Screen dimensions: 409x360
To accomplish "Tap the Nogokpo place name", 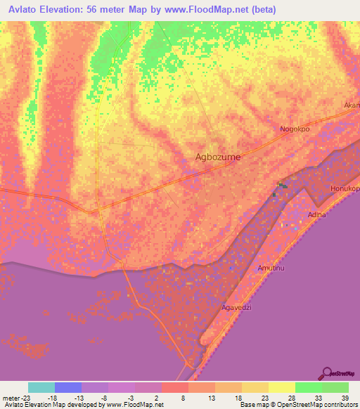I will [x=295, y=129].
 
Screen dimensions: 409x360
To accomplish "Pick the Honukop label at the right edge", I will [x=345, y=190].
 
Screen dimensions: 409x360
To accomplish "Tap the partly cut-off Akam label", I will [x=352, y=105].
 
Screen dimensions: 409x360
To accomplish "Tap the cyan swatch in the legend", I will [x=41, y=387].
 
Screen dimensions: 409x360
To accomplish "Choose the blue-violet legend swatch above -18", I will [x=68, y=387].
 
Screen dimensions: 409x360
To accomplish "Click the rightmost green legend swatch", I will [x=335, y=387].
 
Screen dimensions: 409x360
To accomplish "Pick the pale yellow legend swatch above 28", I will [x=281, y=387].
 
